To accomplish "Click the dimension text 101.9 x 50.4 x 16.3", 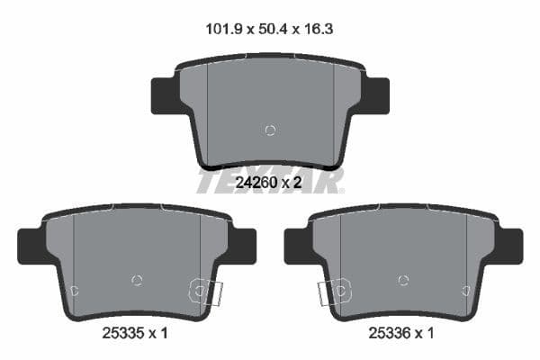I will pos(270,29).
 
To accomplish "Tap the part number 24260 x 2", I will pos(267,183).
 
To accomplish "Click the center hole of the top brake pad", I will pos(270,130).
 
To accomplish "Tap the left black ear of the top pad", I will pos(163,94).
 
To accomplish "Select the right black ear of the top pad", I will pos(376,94).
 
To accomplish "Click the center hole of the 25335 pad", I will pos(137,280).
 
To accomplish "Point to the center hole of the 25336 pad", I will pos(403,280).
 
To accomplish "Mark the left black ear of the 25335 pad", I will pos(31,246).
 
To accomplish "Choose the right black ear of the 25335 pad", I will pos(243,246).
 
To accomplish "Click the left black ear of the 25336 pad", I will pos(297,246).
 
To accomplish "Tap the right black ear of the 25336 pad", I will pos(509,246).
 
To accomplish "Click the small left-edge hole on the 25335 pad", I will pos(75,290).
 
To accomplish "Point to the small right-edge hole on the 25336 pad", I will pos(465,290).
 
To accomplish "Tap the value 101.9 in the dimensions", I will pos(220,29).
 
